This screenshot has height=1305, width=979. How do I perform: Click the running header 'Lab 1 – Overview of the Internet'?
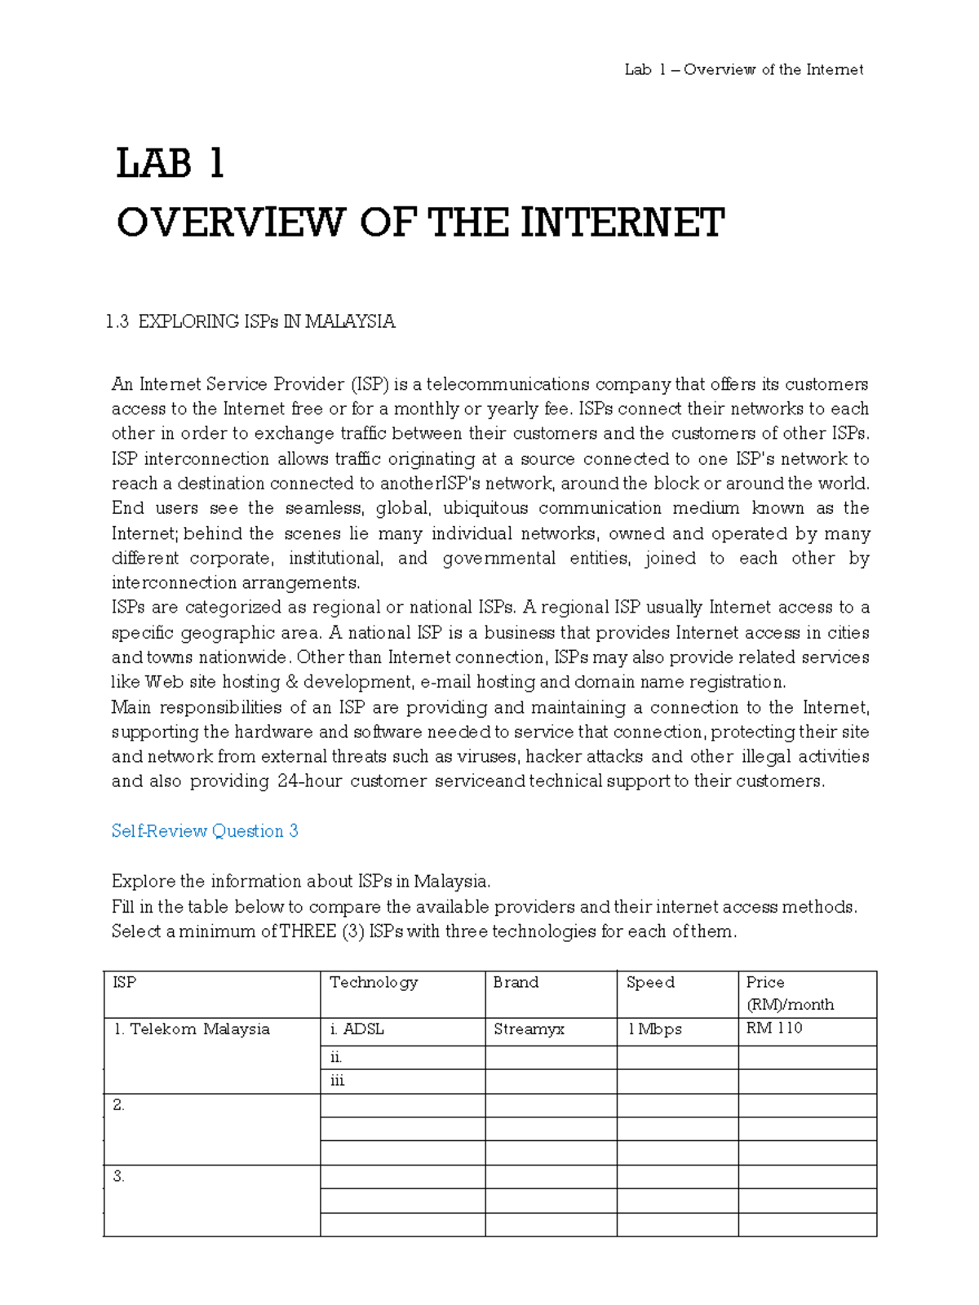pos(743,70)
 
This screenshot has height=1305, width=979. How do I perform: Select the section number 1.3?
pos(117,321)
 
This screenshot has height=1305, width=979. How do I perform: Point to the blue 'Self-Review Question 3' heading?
pos(205,831)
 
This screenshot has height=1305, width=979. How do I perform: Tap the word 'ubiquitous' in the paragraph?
pos(485,508)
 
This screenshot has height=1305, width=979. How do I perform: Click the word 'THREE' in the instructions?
pos(308,931)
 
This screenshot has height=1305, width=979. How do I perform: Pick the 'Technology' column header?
pos(374,983)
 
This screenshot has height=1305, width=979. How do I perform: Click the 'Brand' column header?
pos(516,983)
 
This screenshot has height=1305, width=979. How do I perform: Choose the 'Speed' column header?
pos(650,983)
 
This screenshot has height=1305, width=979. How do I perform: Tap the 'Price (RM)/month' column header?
pos(789,993)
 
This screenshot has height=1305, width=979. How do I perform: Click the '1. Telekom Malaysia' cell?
pos(192,1029)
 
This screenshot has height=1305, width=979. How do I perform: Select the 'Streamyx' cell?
pos(529,1029)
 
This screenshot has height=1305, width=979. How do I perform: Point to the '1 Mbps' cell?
pos(654,1029)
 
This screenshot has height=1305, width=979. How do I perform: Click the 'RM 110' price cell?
pos(774,1029)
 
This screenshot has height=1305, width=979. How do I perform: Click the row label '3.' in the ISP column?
pos(119,1177)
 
